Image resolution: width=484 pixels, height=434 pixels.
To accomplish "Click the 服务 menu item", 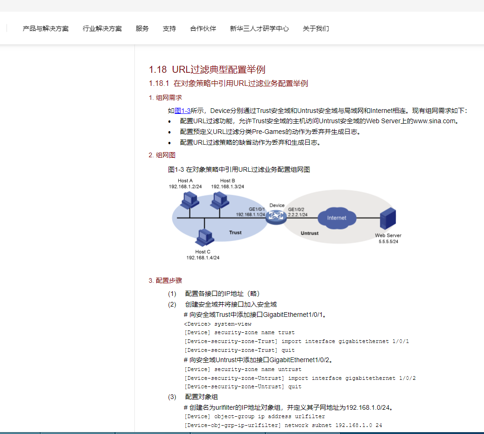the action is pyautogui.click(x=142, y=29).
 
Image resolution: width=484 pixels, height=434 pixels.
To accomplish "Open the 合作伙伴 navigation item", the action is pyautogui.click(x=203, y=29).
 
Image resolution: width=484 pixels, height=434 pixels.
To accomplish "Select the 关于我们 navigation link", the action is pyautogui.click(x=316, y=29).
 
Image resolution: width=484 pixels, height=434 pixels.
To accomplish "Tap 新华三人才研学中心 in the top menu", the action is pyautogui.click(x=260, y=29).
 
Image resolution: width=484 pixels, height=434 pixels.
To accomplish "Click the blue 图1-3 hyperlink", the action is pyautogui.click(x=182, y=111).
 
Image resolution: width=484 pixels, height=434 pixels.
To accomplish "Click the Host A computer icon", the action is pyautogui.click(x=189, y=200).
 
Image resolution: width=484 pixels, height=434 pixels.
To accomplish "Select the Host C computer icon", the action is pyautogui.click(x=204, y=238).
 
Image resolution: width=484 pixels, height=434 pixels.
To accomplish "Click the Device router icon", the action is pyautogui.click(x=276, y=217).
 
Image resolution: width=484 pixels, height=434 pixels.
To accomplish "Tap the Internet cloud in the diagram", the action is pyautogui.click(x=337, y=218).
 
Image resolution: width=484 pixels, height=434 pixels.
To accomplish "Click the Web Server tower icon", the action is pyautogui.click(x=388, y=218).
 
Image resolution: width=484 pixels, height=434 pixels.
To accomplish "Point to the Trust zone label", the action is pyautogui.click(x=235, y=232).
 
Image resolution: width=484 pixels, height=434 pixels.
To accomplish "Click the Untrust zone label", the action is pyautogui.click(x=309, y=233).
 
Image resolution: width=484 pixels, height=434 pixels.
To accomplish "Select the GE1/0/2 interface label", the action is pyautogui.click(x=296, y=209).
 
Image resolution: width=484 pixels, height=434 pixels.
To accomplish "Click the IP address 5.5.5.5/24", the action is pyautogui.click(x=388, y=241).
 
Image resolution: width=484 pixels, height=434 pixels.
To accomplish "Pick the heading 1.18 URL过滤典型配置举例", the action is pyautogui.click(x=207, y=70).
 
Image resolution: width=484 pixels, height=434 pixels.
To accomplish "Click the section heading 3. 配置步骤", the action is pyautogui.click(x=165, y=280).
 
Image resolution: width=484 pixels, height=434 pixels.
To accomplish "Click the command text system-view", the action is pyautogui.click(x=233, y=324).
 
